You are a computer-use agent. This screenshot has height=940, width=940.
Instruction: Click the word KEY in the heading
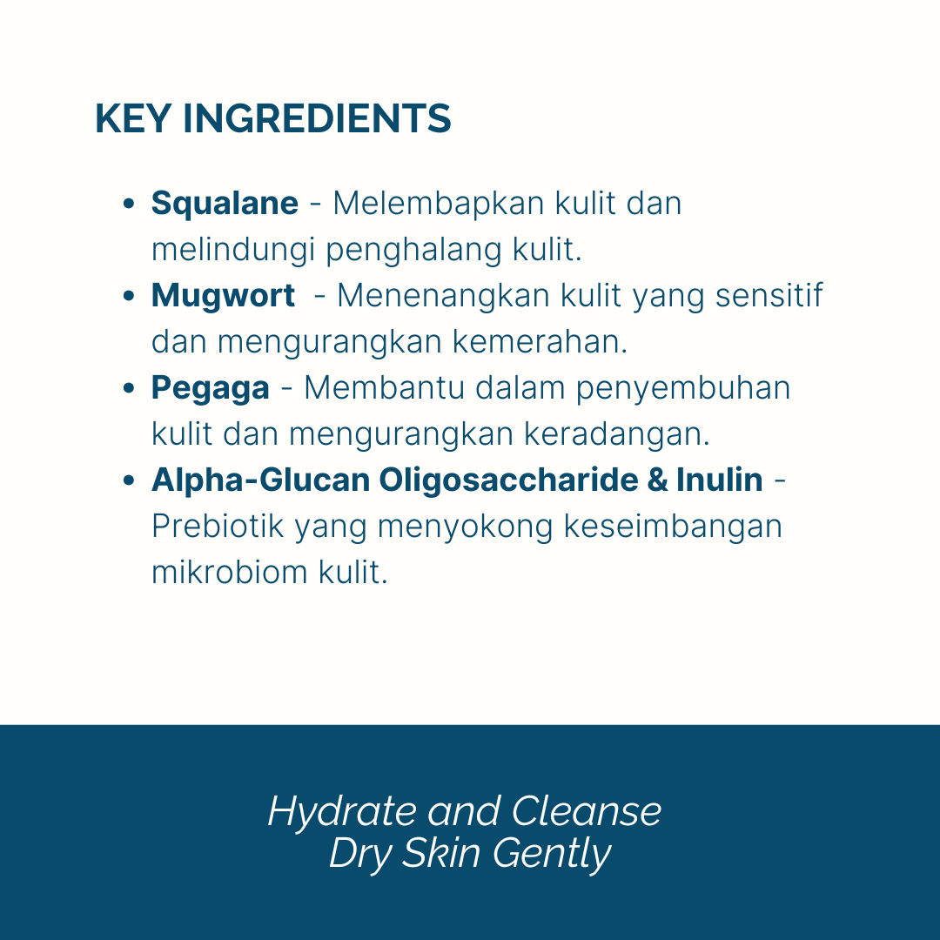pos(133,118)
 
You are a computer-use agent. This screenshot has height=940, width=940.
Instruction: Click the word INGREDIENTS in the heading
pos(317,118)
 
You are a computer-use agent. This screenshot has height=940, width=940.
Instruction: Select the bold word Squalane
pos(225,203)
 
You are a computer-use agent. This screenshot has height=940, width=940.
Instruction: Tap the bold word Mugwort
pos(223,296)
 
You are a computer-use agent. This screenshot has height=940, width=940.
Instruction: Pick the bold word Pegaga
pos(211,389)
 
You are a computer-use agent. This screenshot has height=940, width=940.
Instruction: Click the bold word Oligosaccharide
pos(508,480)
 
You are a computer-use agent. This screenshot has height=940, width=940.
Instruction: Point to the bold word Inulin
pos(720,480)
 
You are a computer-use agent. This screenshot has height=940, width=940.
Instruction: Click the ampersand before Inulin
pos(657,480)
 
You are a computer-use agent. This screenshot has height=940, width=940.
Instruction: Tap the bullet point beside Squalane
pos(128,204)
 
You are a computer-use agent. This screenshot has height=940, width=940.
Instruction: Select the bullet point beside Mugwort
pos(128,296)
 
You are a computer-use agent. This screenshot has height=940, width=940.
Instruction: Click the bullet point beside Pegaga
pos(128,388)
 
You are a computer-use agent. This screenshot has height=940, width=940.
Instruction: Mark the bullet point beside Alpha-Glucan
pos(128,480)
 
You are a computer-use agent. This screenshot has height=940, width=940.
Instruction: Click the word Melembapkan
pos(438,204)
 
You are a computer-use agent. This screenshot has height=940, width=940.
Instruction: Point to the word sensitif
pos(769,296)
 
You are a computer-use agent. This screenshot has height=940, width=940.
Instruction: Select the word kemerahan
pos(540,342)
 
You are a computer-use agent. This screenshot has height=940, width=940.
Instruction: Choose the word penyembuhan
pos(683,389)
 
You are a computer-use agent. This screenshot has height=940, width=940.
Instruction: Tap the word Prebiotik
pos(217,527)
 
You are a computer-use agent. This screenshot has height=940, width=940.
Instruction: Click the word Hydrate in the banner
pos(342,812)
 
